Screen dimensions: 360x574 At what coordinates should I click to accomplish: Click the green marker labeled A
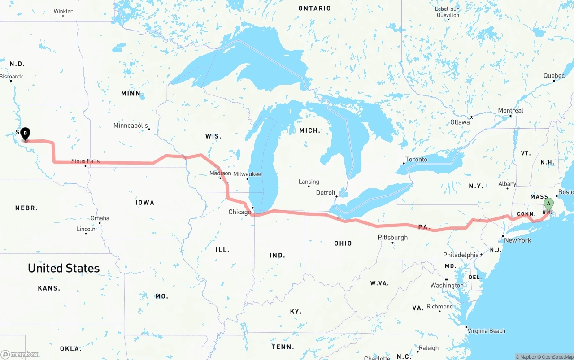click(548, 204)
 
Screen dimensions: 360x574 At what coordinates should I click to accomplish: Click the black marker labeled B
click(26, 134)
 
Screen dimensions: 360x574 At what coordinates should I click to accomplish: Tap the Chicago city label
click(239, 212)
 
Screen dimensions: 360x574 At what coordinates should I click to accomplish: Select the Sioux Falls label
click(85, 161)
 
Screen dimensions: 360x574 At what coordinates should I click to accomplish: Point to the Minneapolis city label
click(130, 126)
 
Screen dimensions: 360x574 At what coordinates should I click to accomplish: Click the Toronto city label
click(416, 160)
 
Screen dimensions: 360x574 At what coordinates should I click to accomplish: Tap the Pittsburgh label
click(393, 237)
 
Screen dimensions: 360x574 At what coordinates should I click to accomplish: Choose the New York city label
click(517, 240)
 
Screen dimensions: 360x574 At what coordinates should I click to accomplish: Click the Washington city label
click(447, 286)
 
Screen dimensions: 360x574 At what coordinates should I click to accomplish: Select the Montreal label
click(510, 110)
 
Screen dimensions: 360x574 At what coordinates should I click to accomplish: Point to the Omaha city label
click(100, 218)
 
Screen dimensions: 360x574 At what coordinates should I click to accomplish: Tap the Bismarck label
click(12, 77)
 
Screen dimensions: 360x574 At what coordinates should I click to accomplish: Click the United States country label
click(64, 268)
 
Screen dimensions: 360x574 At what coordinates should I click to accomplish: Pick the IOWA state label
click(145, 203)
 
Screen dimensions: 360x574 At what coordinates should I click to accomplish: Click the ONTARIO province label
click(314, 9)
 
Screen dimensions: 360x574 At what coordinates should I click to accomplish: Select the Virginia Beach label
click(486, 331)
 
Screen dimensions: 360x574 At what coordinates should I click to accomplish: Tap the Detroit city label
click(326, 193)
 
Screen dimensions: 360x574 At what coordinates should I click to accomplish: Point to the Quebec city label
click(554, 76)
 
